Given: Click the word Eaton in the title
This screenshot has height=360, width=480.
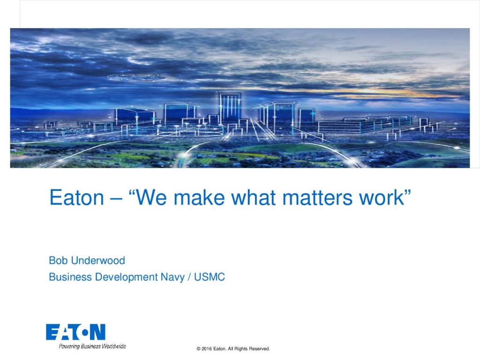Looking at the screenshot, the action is pos(76,198).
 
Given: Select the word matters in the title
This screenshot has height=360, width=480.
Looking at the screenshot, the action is pos(317,198).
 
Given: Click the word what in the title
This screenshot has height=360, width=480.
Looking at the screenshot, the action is pos(254,198).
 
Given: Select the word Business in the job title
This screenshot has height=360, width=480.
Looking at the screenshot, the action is pos(70,277).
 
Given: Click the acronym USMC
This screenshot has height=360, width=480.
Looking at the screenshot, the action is pos(210,277).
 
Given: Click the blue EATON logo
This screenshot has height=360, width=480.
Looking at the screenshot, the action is pos(75,332).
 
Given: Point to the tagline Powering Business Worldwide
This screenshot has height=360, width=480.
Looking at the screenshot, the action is pos(92,346).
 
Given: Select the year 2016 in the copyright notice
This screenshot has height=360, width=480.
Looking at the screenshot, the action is pos(207,349).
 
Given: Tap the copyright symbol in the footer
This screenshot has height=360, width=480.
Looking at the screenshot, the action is pos(198,349).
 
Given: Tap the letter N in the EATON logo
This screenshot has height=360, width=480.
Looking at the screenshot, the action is pos(98,332).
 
